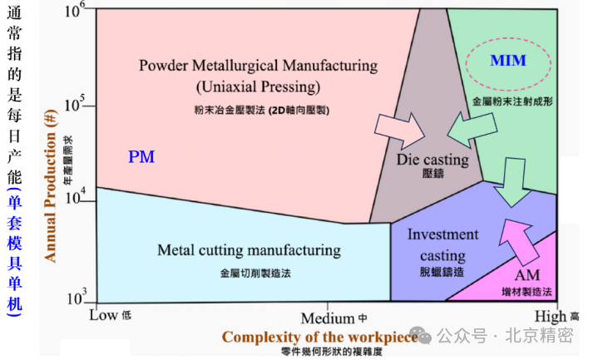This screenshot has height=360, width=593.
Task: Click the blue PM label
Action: tap(141, 156)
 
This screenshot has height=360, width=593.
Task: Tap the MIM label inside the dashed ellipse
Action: tap(507, 60)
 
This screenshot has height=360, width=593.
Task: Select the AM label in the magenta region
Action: tap(527, 276)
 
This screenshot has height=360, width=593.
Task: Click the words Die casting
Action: tap(432, 160)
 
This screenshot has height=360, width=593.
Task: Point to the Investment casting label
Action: tap(442, 245)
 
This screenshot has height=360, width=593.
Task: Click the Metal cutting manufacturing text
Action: tap(249, 249)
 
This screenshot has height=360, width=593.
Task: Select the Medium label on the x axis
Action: tap(328, 318)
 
